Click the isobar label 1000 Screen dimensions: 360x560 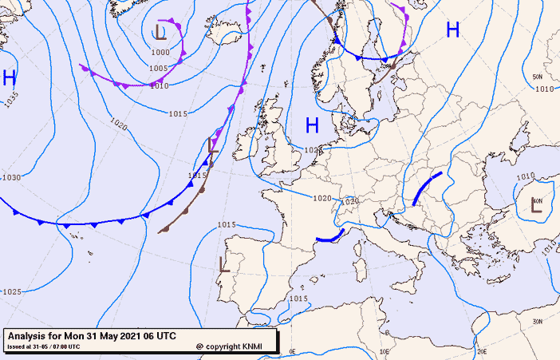coord(160,52)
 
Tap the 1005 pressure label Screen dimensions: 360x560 coord(159,69)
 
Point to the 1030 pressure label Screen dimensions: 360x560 coord(11,177)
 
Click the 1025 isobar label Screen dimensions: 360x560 coord(11,291)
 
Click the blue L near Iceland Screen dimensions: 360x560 coord(160,32)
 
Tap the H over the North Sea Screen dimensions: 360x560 coord(312,125)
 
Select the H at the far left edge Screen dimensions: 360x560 coord(9,77)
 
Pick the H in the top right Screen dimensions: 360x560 coord(452,30)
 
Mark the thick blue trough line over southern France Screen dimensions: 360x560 coord(330,235)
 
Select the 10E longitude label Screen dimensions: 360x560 coord(385,351)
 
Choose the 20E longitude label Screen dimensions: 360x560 coord(481,351)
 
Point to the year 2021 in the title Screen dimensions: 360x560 coord(126,336)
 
